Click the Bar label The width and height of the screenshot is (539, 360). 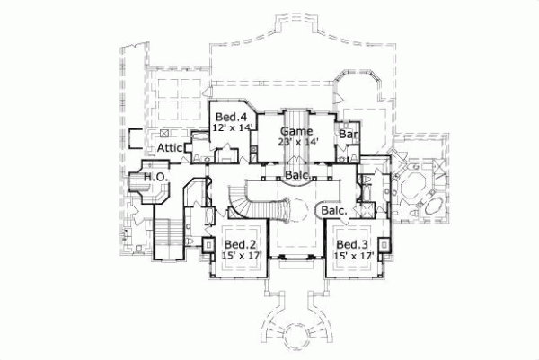click(x=349, y=136)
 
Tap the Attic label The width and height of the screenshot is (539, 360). click(x=171, y=147)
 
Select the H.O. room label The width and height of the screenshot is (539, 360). click(x=154, y=178)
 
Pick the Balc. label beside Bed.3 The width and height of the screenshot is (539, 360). click(x=334, y=210)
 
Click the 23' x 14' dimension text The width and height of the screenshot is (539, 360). click(x=299, y=141)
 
